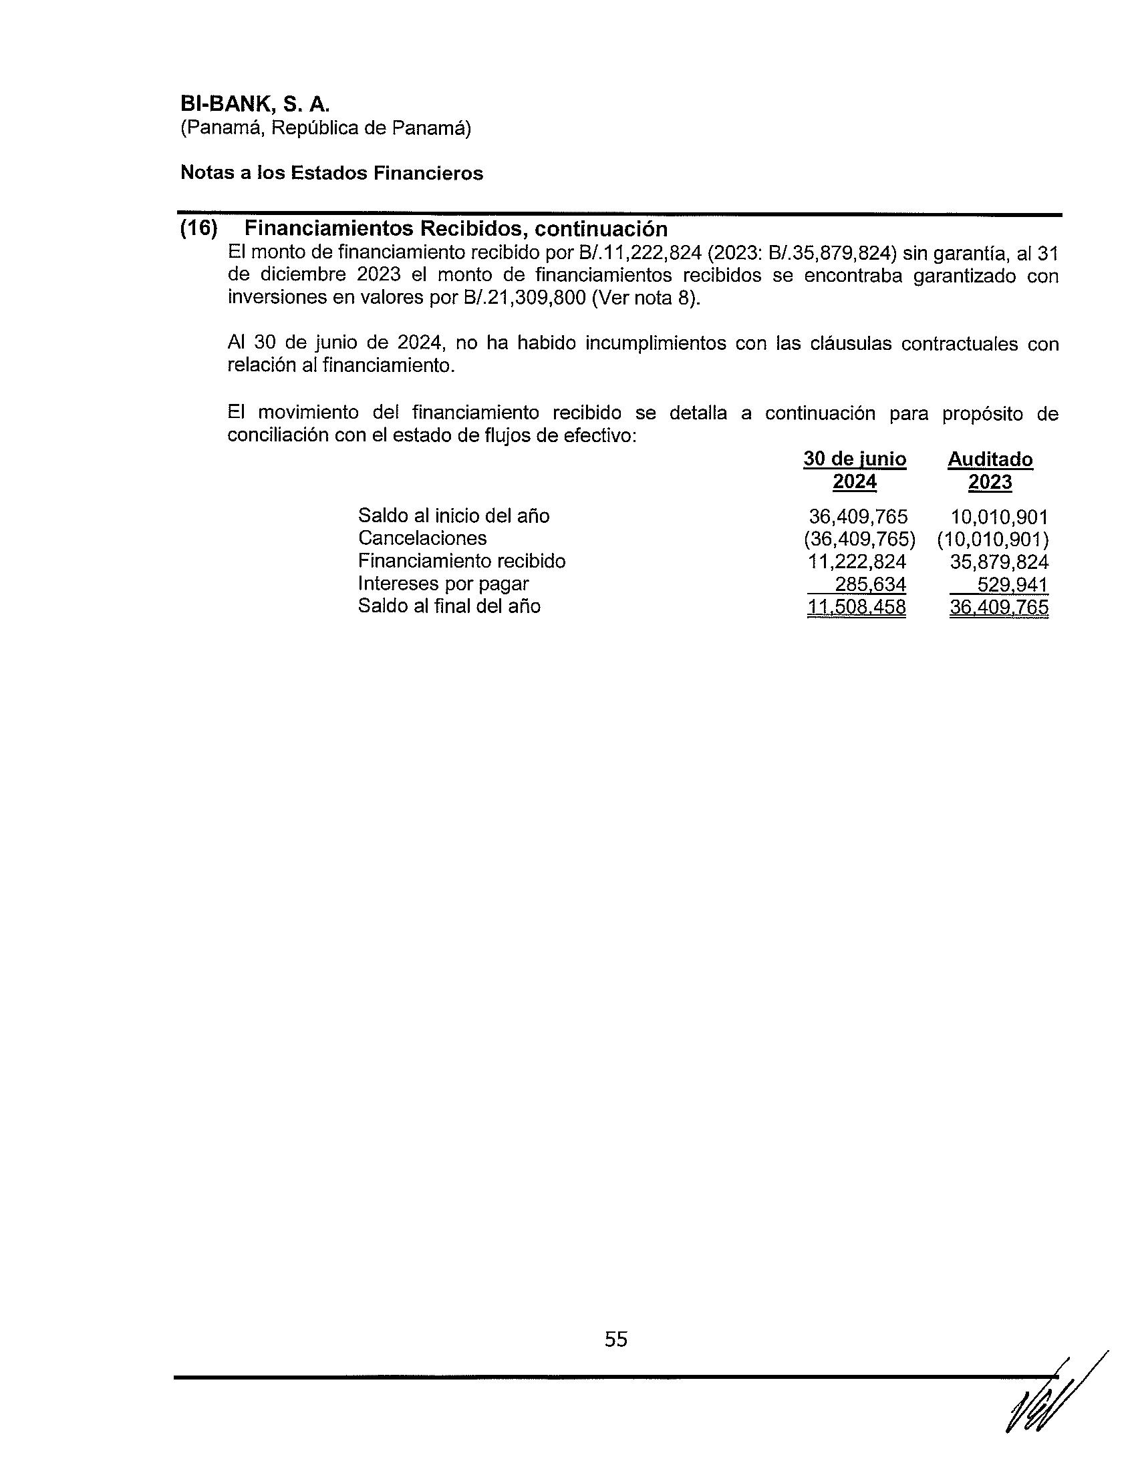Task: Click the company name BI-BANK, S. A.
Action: (x=255, y=104)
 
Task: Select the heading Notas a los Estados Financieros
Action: (x=332, y=173)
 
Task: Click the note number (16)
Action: (x=198, y=228)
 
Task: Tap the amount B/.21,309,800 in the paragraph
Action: (x=525, y=297)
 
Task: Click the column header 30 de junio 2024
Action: (x=855, y=470)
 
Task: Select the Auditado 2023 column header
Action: (x=990, y=470)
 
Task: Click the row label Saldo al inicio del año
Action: (x=454, y=516)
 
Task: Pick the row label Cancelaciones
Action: (x=422, y=538)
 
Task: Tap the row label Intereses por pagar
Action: (x=443, y=584)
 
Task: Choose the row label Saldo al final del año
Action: (x=449, y=606)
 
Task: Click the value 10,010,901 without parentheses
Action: (x=999, y=517)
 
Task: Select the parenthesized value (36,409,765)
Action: (x=859, y=539)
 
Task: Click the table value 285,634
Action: (x=870, y=584)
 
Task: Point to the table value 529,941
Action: (x=1012, y=584)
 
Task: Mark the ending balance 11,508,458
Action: (x=856, y=607)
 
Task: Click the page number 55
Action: (x=616, y=1339)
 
